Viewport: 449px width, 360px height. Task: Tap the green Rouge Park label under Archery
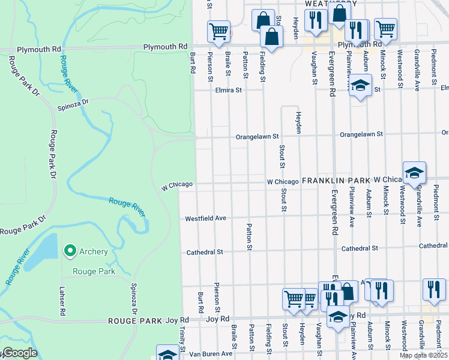tap(93, 271)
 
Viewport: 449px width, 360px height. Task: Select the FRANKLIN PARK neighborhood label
tap(336, 180)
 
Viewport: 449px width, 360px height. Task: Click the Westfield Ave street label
tap(205, 218)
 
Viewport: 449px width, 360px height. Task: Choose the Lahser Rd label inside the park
tap(61, 297)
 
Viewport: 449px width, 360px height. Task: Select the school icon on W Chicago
tap(414, 173)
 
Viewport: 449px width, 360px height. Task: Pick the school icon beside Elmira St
tap(360, 86)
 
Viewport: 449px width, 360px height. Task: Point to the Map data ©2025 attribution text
tap(423, 355)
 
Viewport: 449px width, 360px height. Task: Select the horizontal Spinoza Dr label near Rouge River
tap(73, 103)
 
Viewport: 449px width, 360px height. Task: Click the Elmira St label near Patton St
tap(228, 91)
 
